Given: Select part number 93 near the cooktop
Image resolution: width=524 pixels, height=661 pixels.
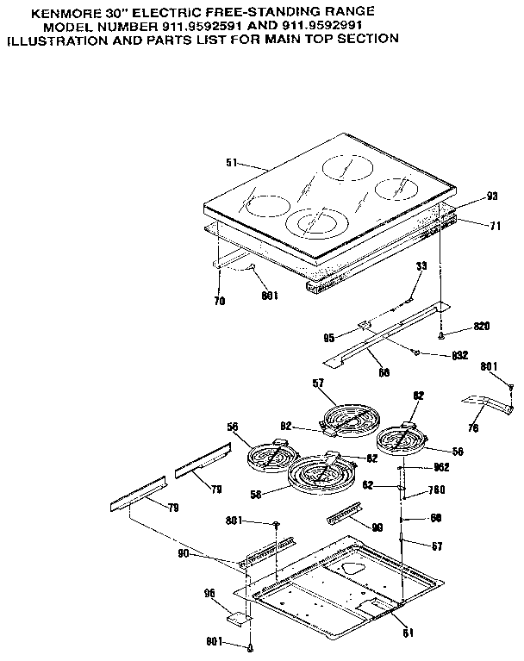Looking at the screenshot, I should coord(492,196).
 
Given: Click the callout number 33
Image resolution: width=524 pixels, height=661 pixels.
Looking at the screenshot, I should coord(421,267).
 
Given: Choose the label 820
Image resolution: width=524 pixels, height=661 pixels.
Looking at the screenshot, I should coord(481,327).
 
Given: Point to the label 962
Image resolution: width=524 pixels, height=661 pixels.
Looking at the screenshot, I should coord(440,469).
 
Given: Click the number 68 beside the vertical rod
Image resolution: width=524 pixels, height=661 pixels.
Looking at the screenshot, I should coord(435,519).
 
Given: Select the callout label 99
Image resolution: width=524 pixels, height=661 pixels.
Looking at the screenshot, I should coord(377,526).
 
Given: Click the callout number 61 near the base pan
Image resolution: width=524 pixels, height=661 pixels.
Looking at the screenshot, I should coord(409,633).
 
